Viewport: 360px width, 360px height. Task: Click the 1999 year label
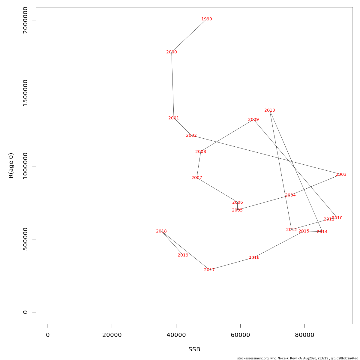[206, 19]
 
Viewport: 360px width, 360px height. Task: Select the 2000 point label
[172, 52]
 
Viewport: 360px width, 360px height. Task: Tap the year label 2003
[341, 175]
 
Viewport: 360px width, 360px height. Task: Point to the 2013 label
[269, 110]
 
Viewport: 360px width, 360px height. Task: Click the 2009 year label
[253, 120]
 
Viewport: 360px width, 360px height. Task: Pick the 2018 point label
[161, 231]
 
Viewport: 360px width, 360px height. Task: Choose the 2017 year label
[209, 270]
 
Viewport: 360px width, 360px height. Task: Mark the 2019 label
[183, 255]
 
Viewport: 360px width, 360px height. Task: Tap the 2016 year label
[254, 258]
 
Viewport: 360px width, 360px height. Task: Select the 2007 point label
[196, 178]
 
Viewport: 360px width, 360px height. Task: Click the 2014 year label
[322, 232]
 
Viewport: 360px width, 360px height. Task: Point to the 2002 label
[191, 136]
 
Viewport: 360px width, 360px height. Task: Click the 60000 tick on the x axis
[240, 335]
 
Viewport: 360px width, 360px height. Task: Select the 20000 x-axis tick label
[112, 335]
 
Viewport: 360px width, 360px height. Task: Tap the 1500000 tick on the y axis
[25, 93]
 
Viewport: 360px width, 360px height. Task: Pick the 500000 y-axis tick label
[25, 239]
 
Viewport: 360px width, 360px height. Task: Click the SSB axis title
[194, 349]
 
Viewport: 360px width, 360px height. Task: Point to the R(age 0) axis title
[11, 166]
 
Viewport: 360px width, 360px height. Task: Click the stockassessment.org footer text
[297, 358]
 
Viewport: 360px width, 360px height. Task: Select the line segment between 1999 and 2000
[189, 36]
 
